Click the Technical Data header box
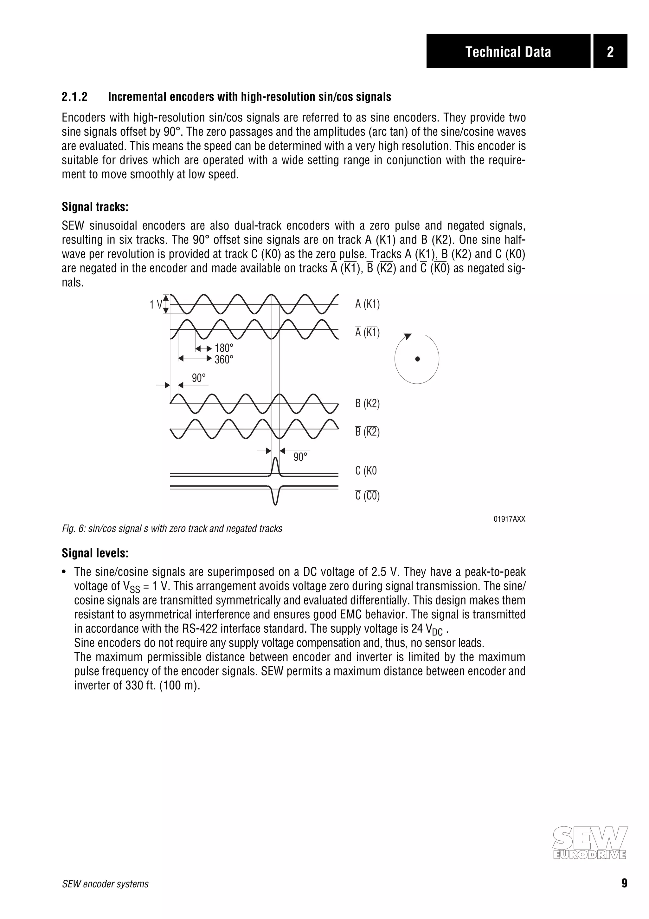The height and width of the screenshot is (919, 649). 508,51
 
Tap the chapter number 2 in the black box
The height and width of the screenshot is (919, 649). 610,51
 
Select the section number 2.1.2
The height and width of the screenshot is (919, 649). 75,97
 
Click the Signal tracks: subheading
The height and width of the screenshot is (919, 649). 95,207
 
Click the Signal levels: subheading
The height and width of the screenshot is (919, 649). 95,553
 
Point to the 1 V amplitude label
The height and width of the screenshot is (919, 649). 156,305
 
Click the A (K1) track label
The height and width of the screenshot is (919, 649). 367,304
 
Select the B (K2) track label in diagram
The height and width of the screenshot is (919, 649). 367,403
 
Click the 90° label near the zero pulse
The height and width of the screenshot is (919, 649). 300,457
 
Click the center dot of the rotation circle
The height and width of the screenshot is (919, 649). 417,359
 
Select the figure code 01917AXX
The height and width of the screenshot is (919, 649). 509,519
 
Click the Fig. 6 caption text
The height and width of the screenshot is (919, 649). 172,529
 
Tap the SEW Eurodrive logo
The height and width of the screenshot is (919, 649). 589,843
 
